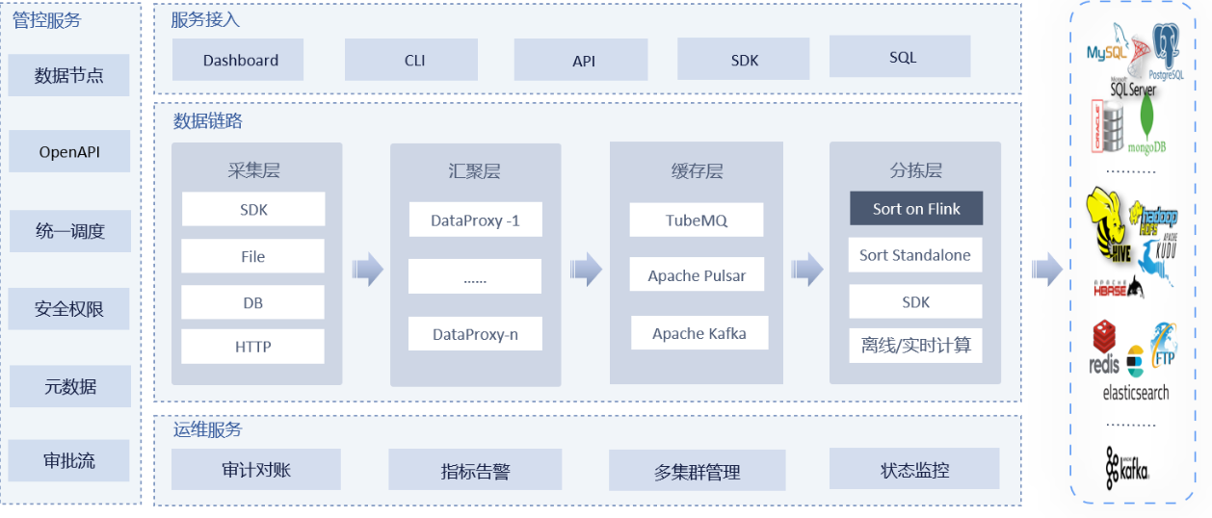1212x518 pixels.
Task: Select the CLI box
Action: [x=414, y=60]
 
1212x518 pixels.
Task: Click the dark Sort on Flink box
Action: [x=915, y=209]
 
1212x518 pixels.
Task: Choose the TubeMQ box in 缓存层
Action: [x=696, y=220]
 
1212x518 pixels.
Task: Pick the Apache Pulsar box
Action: [x=696, y=275]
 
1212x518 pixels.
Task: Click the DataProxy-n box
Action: [x=474, y=334]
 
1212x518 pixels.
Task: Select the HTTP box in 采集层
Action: [x=252, y=347]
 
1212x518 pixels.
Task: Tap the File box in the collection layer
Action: [x=252, y=256]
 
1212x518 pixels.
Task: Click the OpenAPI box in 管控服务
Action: [x=68, y=151]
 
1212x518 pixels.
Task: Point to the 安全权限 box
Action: [x=68, y=309]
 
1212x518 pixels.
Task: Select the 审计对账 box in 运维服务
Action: [x=255, y=469]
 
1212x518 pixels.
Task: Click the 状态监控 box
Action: [x=914, y=469]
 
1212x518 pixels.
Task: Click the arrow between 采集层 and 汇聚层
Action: [x=367, y=270]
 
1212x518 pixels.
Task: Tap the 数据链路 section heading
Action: [x=207, y=121]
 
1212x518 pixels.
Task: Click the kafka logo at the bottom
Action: [x=1126, y=467]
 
